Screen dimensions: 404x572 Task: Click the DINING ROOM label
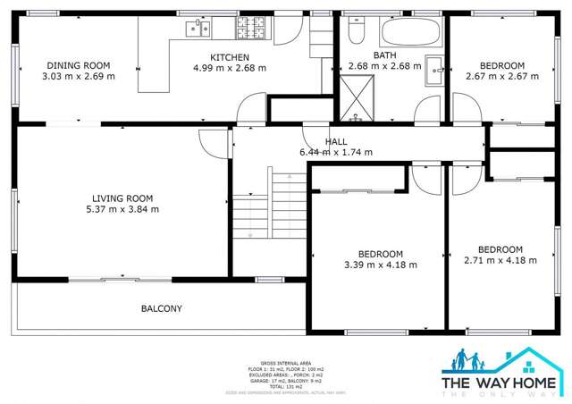point(78,65)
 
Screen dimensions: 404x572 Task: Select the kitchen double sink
point(198,29)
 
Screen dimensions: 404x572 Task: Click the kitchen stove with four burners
point(248,29)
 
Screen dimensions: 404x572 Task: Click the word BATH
point(384,55)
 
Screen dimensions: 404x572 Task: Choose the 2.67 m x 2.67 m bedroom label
point(502,76)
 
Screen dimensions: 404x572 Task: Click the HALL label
point(336,141)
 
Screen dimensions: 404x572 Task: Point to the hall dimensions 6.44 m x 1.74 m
point(336,152)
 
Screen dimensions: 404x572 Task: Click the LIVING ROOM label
point(122,198)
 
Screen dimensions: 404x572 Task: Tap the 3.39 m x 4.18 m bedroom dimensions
point(381,264)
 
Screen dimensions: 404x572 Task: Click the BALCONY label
point(162,308)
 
